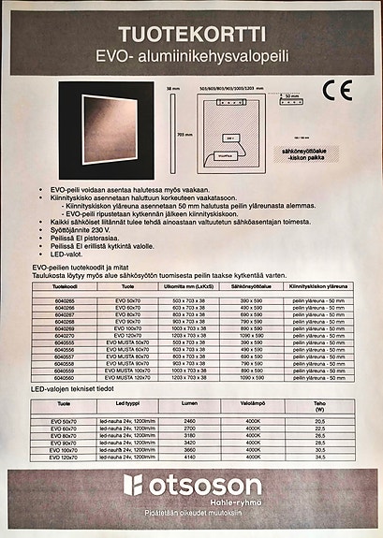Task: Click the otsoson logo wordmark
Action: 200,486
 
